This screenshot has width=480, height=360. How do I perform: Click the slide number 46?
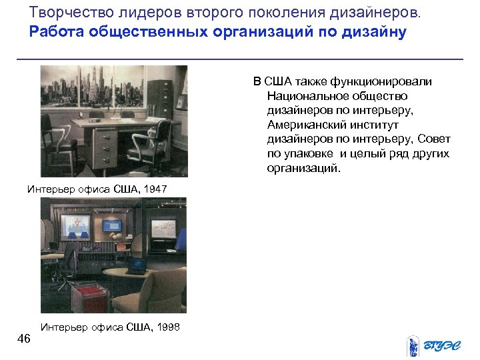(23, 339)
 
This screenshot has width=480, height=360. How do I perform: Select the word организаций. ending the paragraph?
(303, 168)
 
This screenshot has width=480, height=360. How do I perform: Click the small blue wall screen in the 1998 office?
(163, 227)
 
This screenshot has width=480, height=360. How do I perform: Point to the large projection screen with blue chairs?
(79, 226)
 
